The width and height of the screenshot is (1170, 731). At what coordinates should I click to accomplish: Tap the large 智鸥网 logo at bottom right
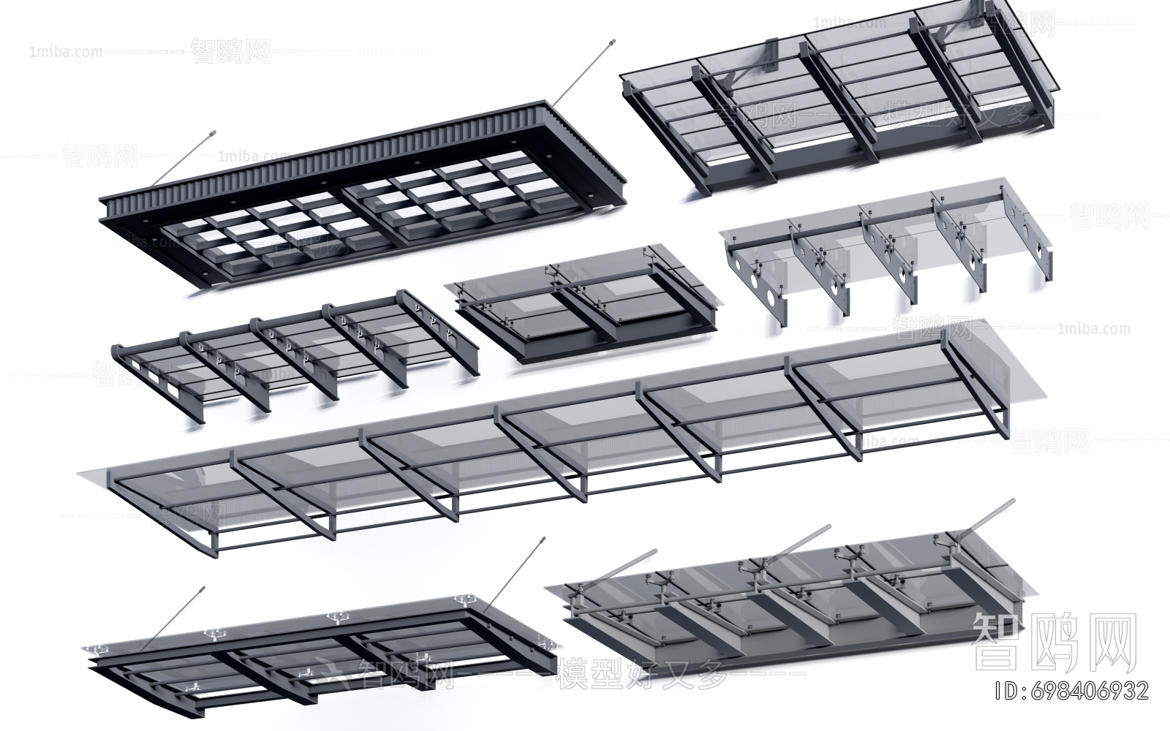click(x=1054, y=642)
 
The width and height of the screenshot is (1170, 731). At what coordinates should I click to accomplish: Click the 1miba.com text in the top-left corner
click(x=66, y=52)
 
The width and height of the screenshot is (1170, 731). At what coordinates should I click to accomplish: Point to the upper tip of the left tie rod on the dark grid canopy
click(x=213, y=133)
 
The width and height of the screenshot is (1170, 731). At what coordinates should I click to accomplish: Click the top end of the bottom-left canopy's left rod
click(x=201, y=588)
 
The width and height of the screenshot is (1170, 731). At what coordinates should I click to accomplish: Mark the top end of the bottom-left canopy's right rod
click(x=543, y=541)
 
